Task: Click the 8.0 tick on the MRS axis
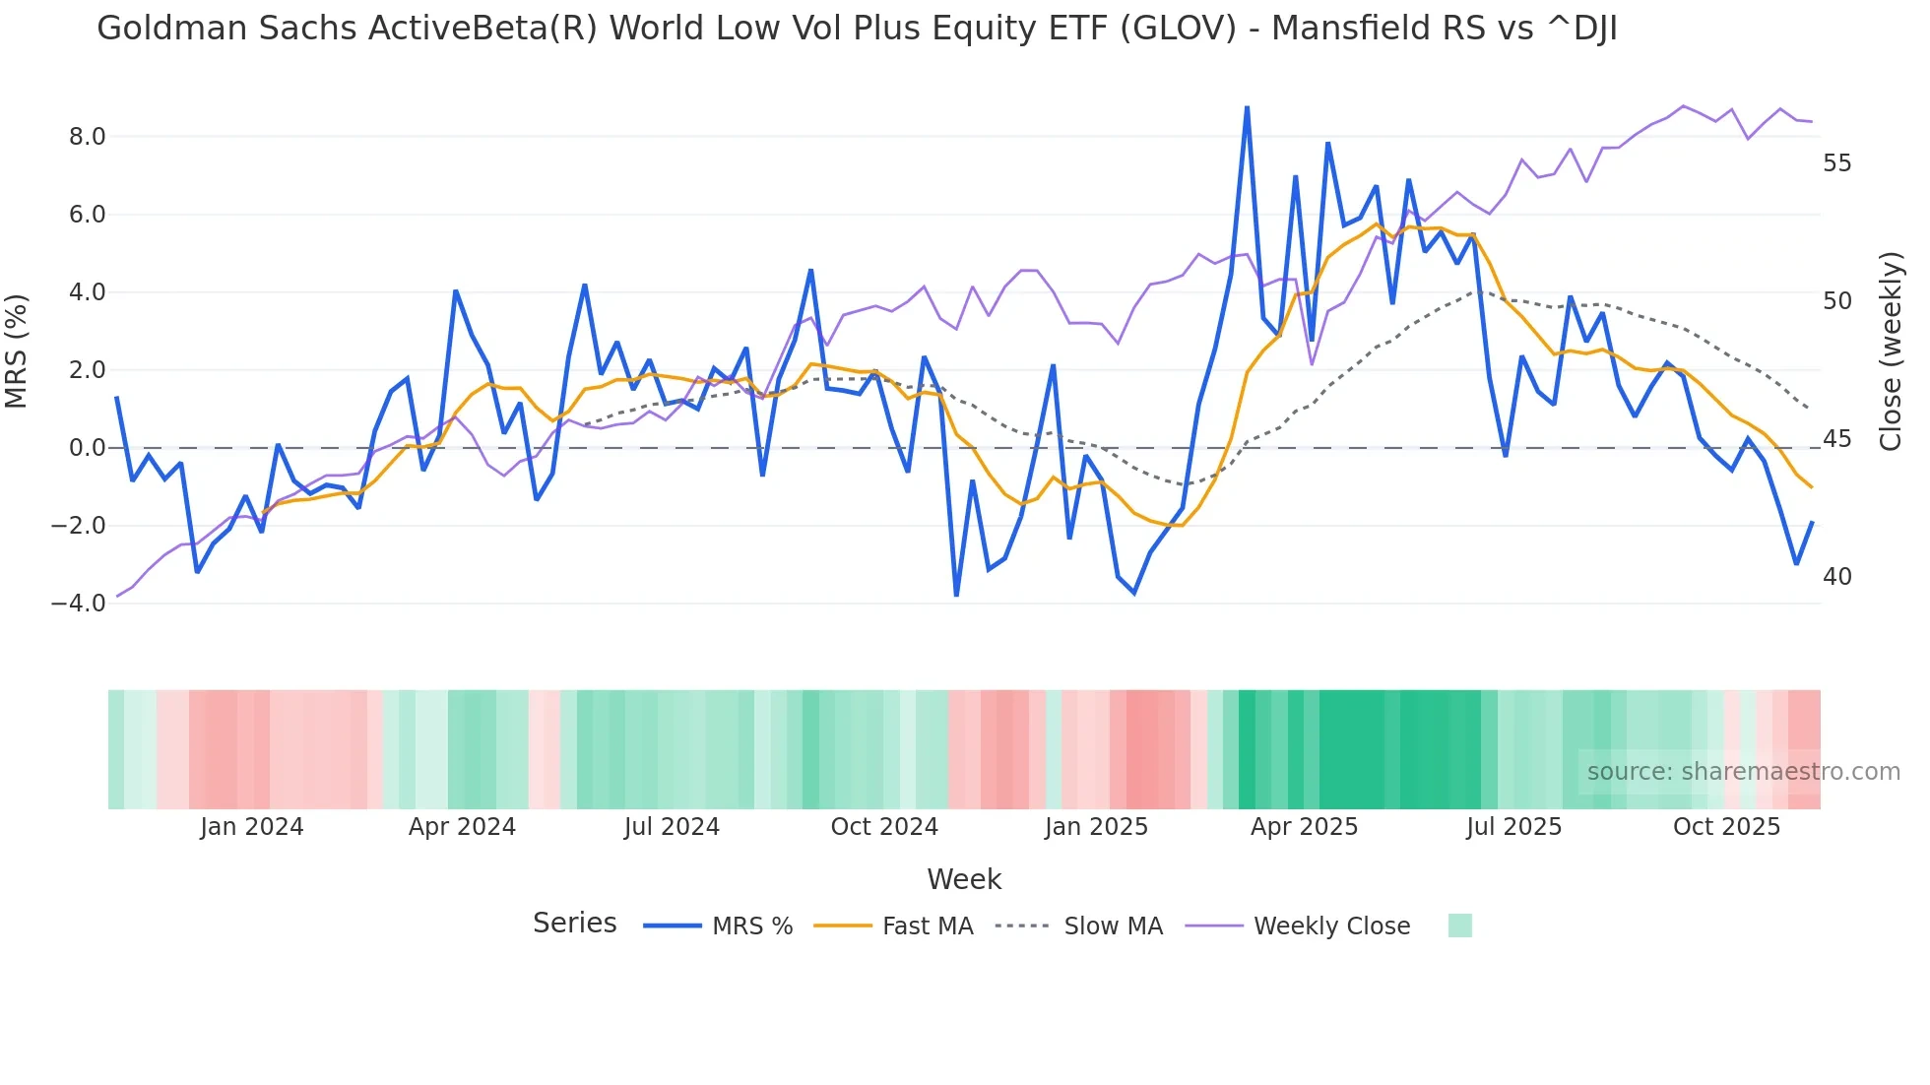87,137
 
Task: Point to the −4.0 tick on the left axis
79,604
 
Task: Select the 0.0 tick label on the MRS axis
87,448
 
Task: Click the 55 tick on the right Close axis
1836,163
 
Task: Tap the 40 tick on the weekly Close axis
1836,577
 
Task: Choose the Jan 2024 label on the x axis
251,827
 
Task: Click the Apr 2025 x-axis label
1304,827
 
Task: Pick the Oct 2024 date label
884,827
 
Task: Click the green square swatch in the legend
1459,925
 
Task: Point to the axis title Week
964,879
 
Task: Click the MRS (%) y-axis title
17,351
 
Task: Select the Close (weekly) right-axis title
1890,351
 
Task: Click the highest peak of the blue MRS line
1247,107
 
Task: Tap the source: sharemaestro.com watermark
1743,772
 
